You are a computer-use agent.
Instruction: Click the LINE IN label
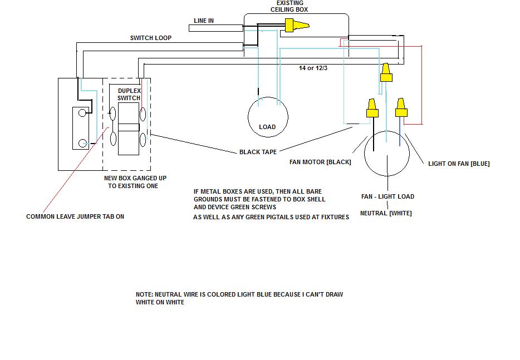click(204, 21)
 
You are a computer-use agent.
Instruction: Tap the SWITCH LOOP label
click(151, 38)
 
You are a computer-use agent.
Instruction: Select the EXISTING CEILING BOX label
click(290, 6)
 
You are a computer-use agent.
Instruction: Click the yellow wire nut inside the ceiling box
click(297, 25)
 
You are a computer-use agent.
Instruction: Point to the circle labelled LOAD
click(268, 117)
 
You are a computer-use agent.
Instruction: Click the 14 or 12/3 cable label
click(313, 68)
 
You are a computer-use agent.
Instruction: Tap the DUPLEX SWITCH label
click(129, 95)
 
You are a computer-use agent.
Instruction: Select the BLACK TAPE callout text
click(258, 152)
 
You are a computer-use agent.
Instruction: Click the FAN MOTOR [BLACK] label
click(320, 162)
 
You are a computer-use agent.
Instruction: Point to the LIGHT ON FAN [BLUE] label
click(459, 164)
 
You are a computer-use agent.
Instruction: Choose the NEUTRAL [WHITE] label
click(386, 213)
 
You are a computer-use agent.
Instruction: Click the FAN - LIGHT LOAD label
click(387, 196)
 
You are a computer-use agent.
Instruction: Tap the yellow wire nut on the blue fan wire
click(401, 107)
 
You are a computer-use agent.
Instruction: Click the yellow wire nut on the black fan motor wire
click(372, 108)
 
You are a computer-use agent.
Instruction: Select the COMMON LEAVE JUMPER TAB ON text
click(75, 216)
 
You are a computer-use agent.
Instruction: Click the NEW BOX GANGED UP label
click(135, 178)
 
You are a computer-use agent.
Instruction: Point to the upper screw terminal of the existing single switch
click(82, 113)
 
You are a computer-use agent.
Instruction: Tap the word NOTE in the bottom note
click(144, 294)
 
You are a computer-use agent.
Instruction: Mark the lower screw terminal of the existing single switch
click(82, 144)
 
